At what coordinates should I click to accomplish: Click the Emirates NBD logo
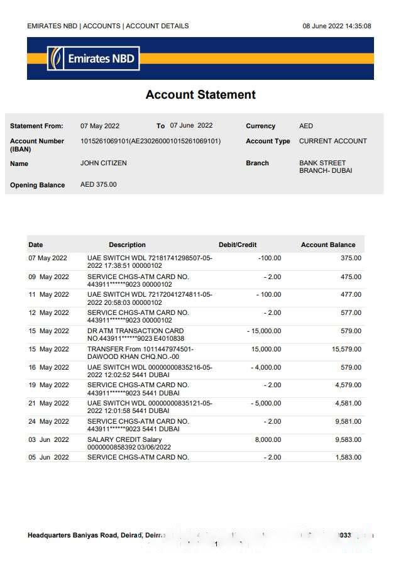pyautogui.click(x=93, y=58)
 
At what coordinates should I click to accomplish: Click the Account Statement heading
pyautogui.click(x=201, y=95)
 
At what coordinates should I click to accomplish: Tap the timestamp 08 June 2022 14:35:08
pyautogui.click(x=336, y=26)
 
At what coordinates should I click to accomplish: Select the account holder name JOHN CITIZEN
pyautogui.click(x=103, y=163)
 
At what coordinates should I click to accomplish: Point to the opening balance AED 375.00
pyautogui.click(x=98, y=185)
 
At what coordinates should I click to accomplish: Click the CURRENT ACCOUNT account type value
pyautogui.click(x=333, y=141)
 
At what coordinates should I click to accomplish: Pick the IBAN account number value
pyautogui.click(x=150, y=141)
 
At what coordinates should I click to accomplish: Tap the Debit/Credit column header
pyautogui.click(x=237, y=245)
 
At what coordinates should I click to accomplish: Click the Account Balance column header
pyautogui.click(x=327, y=245)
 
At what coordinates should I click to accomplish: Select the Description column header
pyautogui.click(x=127, y=245)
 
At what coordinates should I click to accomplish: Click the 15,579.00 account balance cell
pyautogui.click(x=346, y=350)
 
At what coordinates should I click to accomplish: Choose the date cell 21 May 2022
pyautogui.click(x=48, y=404)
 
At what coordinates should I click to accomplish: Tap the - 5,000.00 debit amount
pyautogui.click(x=265, y=404)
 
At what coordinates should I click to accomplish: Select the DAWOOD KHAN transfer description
pyautogui.click(x=140, y=353)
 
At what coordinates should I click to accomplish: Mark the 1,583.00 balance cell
pyautogui.click(x=348, y=458)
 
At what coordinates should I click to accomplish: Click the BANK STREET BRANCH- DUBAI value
pyautogui.click(x=325, y=167)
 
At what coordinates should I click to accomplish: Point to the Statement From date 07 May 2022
pyautogui.click(x=99, y=126)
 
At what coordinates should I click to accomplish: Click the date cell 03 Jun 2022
pyautogui.click(x=48, y=440)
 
